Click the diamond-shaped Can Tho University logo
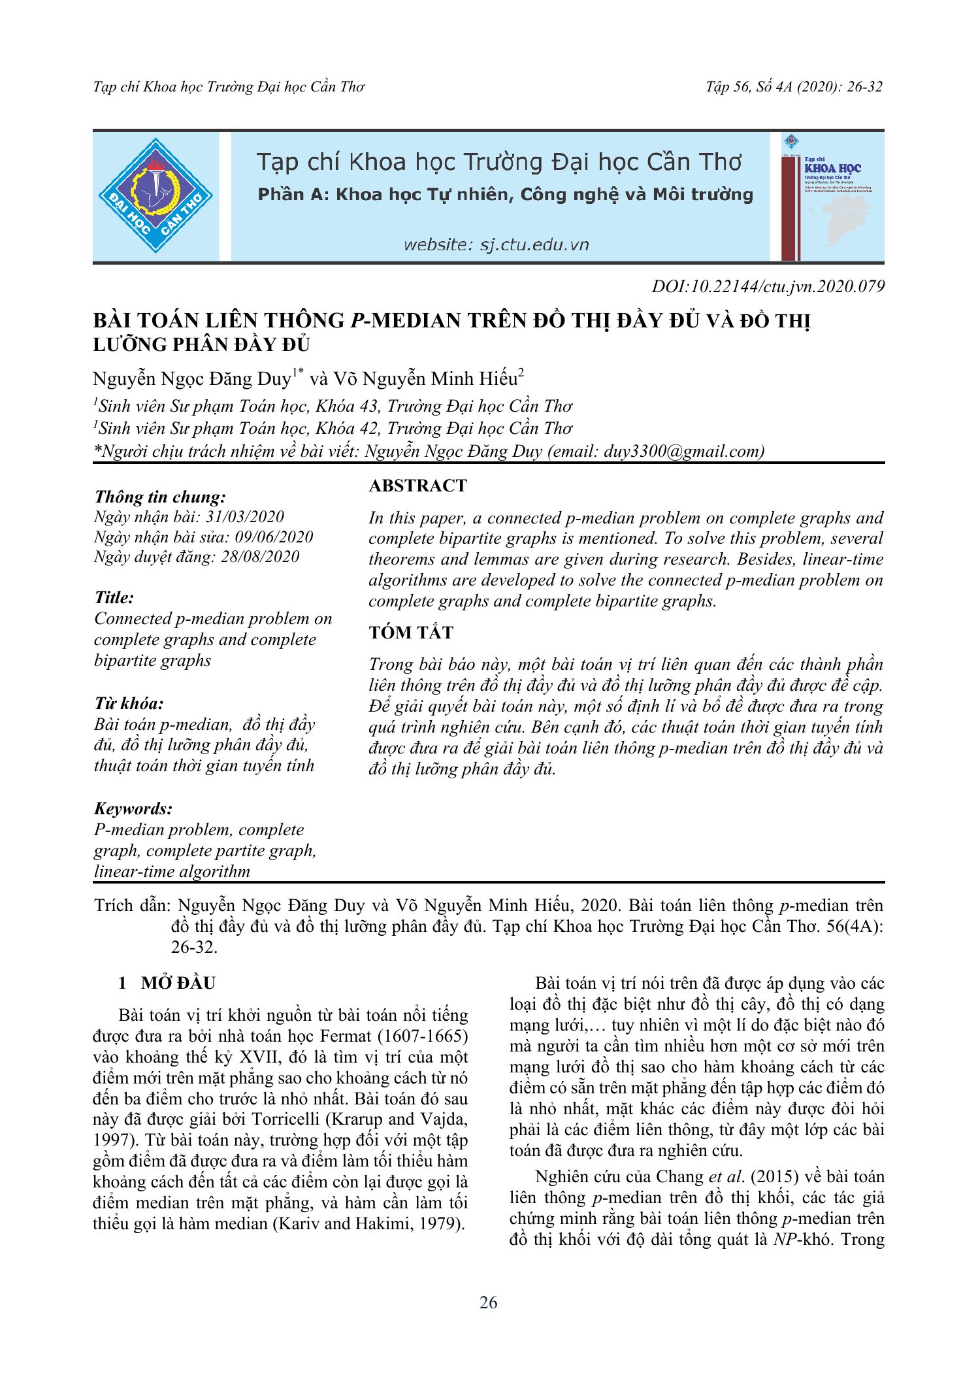pyautogui.click(x=155, y=195)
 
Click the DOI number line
pyautogui.click(x=768, y=286)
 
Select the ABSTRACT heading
pyautogui.click(x=418, y=486)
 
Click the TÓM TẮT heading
pyautogui.click(x=411, y=633)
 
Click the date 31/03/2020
pyautogui.click(x=245, y=517)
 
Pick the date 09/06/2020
pyautogui.click(x=274, y=537)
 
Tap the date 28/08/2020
pyautogui.click(x=260, y=557)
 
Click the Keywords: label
pyautogui.click(x=133, y=809)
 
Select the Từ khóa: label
pyautogui.click(x=129, y=704)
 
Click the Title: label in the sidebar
pyautogui.click(x=114, y=598)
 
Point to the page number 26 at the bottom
pyautogui.click(x=488, y=1302)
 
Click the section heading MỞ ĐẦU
pyautogui.click(x=178, y=984)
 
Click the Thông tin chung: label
pyautogui.click(x=160, y=497)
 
